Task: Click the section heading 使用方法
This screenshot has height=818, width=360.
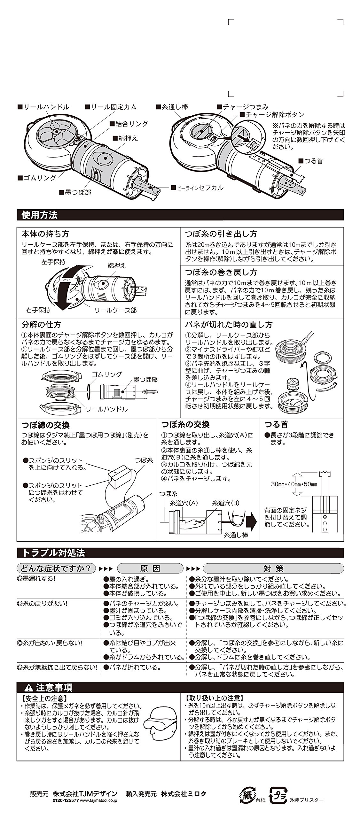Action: pyautogui.click(x=39, y=215)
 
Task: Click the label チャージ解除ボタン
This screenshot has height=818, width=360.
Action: pyautogui.click(x=274, y=114)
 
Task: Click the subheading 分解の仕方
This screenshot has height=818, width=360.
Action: pyautogui.click(x=41, y=325)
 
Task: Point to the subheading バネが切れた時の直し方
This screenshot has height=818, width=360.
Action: pyautogui.click(x=229, y=325)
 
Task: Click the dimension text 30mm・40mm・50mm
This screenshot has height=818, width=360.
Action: pyautogui.click(x=294, y=484)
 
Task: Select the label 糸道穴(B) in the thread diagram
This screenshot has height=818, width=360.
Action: pyautogui.click(x=226, y=503)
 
